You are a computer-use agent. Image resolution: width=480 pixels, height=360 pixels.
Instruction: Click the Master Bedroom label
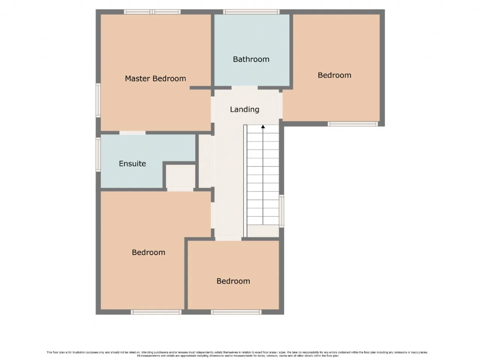(x=155, y=78)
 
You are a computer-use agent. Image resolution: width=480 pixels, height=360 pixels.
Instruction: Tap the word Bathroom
(x=251, y=59)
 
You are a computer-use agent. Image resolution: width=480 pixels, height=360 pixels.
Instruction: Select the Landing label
(x=244, y=109)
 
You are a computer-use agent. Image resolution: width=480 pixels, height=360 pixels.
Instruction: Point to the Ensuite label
(x=132, y=163)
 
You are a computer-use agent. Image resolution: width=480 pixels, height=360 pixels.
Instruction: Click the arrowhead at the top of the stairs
(x=263, y=126)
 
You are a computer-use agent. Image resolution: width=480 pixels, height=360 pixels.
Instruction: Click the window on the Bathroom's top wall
(x=251, y=12)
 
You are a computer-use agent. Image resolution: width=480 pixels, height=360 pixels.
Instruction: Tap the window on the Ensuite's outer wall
(x=98, y=154)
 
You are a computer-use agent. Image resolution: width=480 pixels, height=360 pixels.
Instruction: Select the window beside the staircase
(x=282, y=211)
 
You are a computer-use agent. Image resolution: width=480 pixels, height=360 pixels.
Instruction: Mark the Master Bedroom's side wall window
(x=98, y=100)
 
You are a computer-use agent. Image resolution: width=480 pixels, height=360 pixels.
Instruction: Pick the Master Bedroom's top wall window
(x=152, y=12)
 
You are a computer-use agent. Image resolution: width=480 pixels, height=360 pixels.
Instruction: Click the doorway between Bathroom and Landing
(x=244, y=88)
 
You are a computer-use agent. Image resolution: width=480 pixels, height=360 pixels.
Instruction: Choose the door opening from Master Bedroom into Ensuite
(x=132, y=133)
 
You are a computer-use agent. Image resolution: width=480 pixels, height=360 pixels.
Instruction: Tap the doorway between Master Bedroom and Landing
(x=212, y=109)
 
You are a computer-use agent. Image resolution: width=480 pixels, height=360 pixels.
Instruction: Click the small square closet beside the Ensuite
(x=180, y=176)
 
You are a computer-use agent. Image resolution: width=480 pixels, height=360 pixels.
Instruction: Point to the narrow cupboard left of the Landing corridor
(x=204, y=161)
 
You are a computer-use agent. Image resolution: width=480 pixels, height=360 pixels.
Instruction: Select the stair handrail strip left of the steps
(x=245, y=181)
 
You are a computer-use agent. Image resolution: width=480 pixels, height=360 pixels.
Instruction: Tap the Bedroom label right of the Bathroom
(x=334, y=75)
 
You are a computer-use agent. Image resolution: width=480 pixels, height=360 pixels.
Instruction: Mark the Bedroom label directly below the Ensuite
(x=148, y=252)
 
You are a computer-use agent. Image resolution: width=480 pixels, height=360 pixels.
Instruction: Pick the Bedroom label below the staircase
(x=233, y=281)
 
